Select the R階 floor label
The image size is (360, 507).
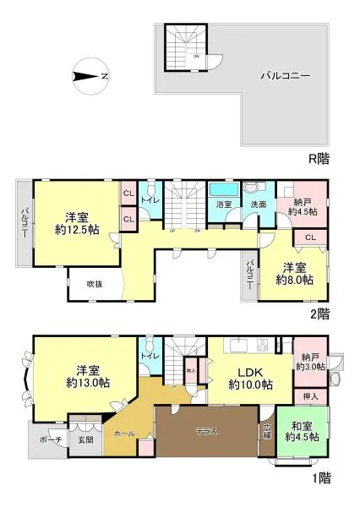pyautogui.click(x=318, y=158)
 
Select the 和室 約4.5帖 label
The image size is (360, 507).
pyautogui.click(x=302, y=431)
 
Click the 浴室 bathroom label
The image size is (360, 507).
pyautogui.click(x=224, y=204)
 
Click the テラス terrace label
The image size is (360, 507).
pyautogui.click(x=206, y=431)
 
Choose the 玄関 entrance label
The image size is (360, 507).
pyautogui.click(x=85, y=437)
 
